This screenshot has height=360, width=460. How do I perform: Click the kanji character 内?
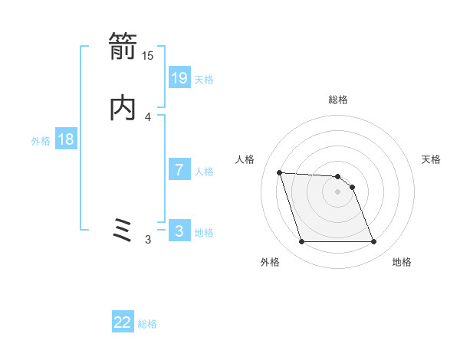point(123,110)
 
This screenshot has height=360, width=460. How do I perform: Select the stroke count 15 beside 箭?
point(148,55)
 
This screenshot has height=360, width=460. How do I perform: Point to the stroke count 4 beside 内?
point(148,116)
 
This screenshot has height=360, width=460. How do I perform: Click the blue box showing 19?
point(179,78)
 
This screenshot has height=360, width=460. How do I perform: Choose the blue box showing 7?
point(179,170)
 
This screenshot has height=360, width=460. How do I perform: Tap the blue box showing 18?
point(66,139)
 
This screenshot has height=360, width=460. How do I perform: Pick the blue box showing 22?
point(123,323)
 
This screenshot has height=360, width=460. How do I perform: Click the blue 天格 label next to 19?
point(204,79)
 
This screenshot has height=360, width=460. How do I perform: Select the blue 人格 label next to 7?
point(204,171)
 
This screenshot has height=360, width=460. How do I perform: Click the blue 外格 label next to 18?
point(41,140)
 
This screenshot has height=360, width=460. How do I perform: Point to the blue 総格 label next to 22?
point(147,324)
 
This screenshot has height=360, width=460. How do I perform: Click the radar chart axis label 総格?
point(338,100)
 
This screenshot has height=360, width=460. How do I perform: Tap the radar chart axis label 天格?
point(432,159)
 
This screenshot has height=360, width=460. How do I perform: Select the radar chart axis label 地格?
point(402,262)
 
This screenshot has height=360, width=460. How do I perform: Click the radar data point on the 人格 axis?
point(280,173)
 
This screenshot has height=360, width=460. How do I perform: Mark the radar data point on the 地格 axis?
point(373,242)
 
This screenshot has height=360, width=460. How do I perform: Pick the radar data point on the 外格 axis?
point(302,242)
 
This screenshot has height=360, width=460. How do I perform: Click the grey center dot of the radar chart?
point(338,191)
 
